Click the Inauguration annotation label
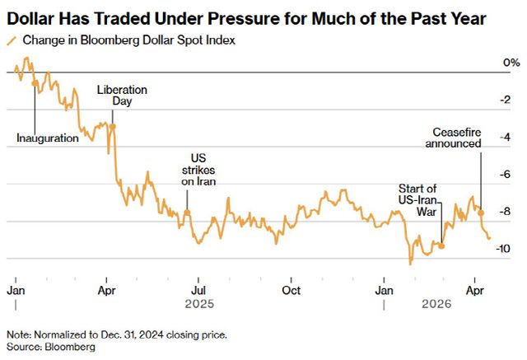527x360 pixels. tap(48, 138)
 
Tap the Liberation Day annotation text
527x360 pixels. tap(122, 96)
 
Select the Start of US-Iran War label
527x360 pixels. tap(417, 200)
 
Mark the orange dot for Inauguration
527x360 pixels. tap(34, 84)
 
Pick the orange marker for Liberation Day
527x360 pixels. tap(113, 126)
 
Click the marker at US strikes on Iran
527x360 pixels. tap(187, 213)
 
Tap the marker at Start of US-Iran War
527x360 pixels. tap(442, 245)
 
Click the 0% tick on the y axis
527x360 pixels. tap(510, 63)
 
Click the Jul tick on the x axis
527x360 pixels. tap(198, 291)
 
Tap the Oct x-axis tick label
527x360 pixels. tap(290, 291)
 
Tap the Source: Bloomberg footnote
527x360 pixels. tap(51, 348)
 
